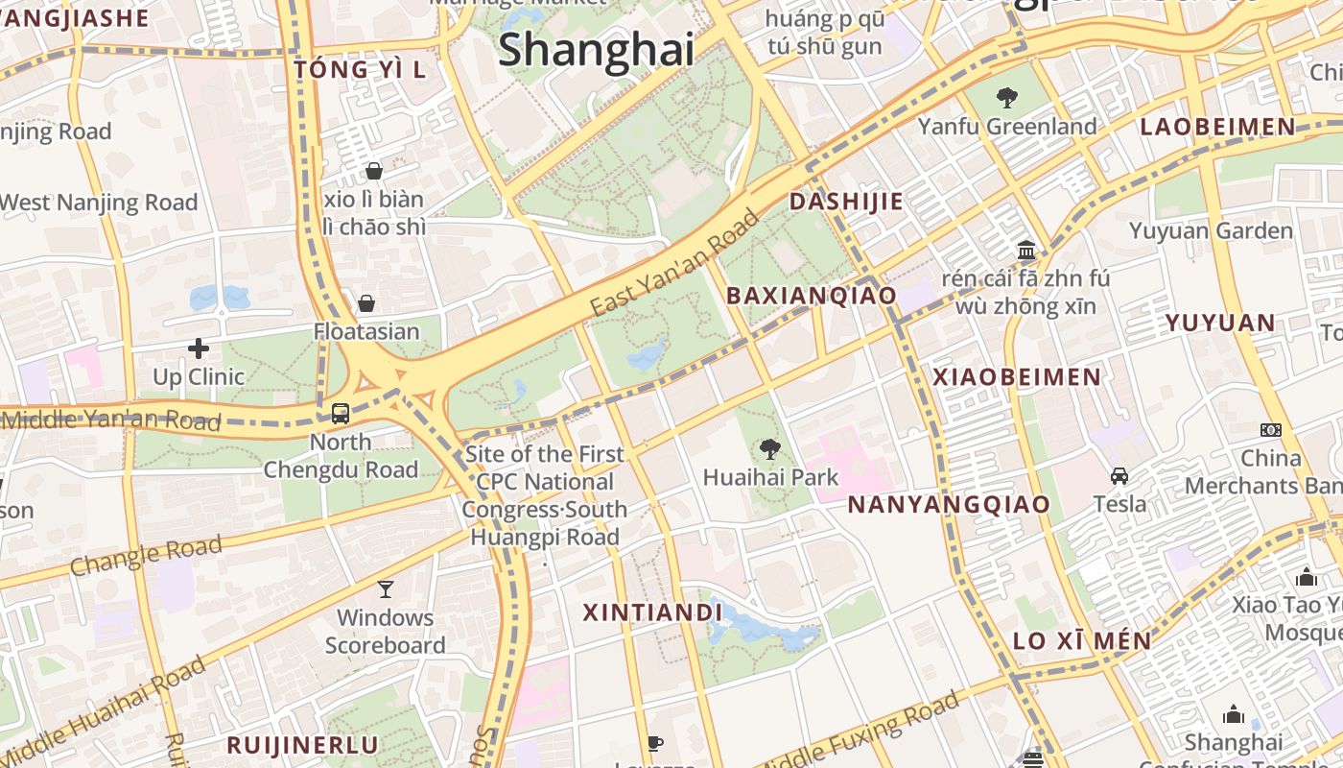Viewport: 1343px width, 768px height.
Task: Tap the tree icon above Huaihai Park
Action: tap(769, 448)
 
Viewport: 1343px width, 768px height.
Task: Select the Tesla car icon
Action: tap(1119, 476)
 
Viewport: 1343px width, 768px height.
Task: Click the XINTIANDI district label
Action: tap(652, 612)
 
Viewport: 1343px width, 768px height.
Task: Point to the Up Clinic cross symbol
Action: tap(199, 348)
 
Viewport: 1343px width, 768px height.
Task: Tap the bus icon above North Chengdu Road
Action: tap(341, 414)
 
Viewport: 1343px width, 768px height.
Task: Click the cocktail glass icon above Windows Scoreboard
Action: tap(385, 588)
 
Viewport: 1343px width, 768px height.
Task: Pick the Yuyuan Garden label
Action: tap(1211, 231)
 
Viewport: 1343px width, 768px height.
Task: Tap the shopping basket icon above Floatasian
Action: tap(366, 304)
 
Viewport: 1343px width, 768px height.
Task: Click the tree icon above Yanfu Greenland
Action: tap(1006, 97)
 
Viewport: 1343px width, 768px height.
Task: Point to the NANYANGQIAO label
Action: tap(949, 505)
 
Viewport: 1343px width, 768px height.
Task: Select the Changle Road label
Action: tap(146, 557)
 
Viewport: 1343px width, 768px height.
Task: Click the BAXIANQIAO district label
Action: tap(812, 296)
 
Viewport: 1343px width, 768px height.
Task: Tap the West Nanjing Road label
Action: tap(98, 203)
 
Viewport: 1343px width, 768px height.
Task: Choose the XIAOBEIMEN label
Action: tap(1017, 377)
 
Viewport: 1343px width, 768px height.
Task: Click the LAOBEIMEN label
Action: tap(1217, 127)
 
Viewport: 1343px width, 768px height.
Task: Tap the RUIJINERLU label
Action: tap(302, 745)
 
